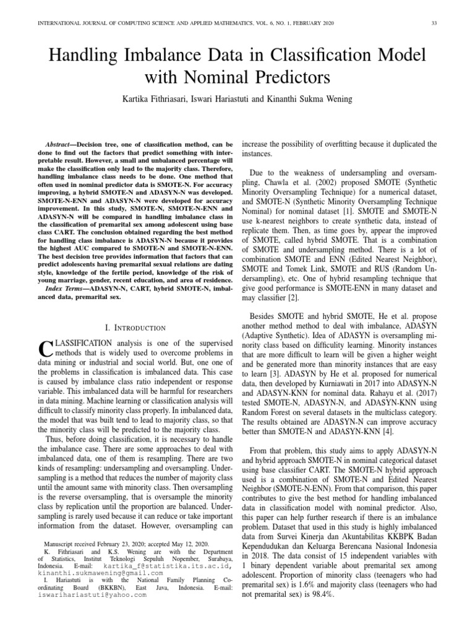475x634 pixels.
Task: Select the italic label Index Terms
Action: click(x=65, y=288)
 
